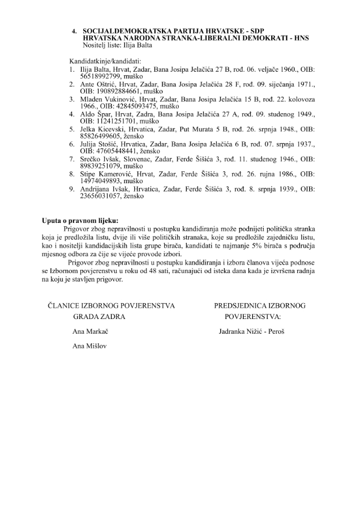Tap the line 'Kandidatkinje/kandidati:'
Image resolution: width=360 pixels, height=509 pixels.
click(105, 60)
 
